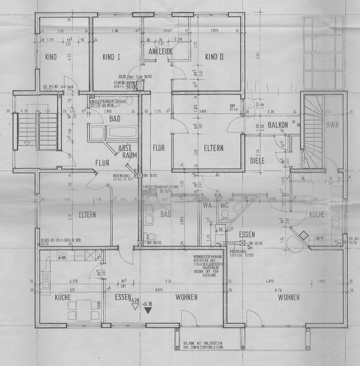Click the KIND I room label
pyautogui.click(x=111, y=57)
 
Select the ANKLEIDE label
pyautogui.click(x=160, y=52)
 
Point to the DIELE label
pyautogui.click(x=257, y=161)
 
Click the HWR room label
pyautogui.click(x=332, y=125)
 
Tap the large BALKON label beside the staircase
pyautogui.click(x=280, y=125)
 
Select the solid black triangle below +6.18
pyautogui.click(x=148, y=310)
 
